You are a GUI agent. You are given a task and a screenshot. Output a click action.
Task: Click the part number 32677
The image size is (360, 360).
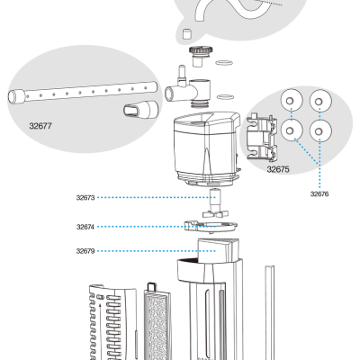40,126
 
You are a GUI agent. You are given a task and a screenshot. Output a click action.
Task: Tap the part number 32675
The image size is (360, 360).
278,169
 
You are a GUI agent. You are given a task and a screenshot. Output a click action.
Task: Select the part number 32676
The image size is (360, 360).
319,194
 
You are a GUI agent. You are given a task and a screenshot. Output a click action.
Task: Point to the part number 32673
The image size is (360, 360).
85,198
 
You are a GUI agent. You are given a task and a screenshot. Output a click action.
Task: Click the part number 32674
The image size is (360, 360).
85,227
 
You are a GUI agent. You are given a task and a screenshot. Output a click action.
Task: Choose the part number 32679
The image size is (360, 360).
85,251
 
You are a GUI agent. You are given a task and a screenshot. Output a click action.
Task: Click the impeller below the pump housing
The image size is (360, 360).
215,203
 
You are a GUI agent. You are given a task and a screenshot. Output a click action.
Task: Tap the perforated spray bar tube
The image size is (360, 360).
83,92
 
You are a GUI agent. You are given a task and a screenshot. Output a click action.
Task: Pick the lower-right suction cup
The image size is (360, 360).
320,130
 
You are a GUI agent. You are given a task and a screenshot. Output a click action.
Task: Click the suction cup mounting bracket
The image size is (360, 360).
262,137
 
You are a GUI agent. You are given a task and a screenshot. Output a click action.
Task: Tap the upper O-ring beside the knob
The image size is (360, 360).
224,63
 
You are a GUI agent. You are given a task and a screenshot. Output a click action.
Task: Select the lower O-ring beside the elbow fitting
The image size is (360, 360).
225,97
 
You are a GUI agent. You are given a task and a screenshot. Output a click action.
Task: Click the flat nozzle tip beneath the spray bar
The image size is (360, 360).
140,110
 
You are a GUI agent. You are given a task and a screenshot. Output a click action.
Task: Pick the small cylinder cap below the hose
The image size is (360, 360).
187,34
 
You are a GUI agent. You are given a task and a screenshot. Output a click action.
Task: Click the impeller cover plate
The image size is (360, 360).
211,226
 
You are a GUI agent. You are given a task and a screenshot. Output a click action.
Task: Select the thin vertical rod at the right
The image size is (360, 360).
269,312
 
